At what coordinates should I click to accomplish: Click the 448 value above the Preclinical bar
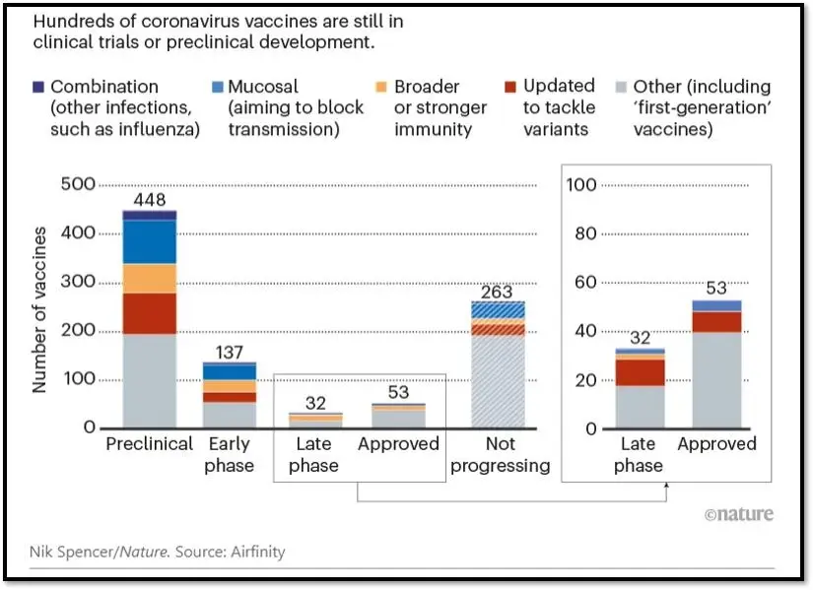(150, 200)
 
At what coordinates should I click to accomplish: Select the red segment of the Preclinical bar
(150, 313)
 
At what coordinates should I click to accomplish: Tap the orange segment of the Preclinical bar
(150, 279)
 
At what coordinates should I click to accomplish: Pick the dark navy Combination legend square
(38, 87)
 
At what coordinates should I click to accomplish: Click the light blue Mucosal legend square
(218, 87)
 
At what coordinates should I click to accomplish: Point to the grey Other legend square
(621, 87)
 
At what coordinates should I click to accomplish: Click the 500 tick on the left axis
(78, 184)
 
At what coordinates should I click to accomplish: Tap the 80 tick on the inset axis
(585, 233)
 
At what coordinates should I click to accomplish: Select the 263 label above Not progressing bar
(497, 292)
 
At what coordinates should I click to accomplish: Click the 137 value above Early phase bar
(230, 353)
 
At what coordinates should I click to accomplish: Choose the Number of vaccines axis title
(39, 310)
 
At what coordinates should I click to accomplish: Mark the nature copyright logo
(739, 514)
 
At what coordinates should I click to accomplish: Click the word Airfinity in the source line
(258, 552)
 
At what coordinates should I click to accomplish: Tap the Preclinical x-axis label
(150, 444)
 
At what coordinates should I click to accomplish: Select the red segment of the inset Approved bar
(716, 322)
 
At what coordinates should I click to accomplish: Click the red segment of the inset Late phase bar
(641, 372)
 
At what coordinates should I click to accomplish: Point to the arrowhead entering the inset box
(667, 486)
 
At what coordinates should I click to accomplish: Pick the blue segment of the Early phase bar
(230, 371)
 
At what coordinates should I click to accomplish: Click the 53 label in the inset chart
(716, 288)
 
